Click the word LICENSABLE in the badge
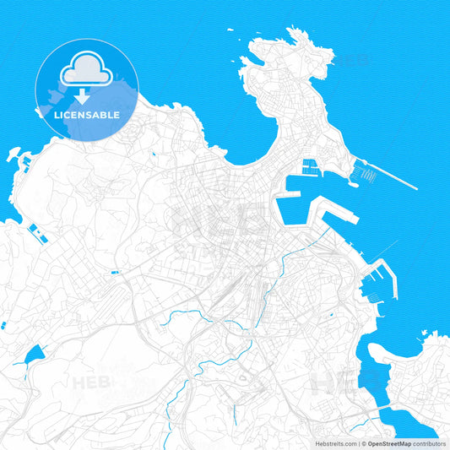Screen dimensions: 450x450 (87, 113)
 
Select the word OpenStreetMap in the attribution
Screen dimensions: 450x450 (389, 443)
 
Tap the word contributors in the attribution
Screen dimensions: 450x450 (430, 443)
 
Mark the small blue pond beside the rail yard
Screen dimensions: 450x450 (115, 272)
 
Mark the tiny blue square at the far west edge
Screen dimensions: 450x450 (3, 324)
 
